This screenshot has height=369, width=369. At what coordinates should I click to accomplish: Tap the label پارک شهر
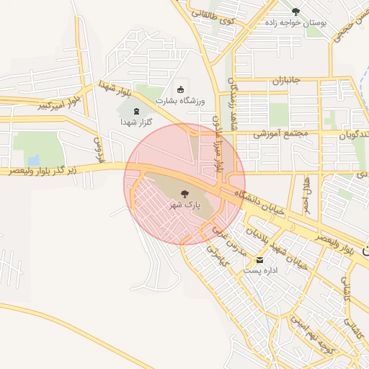click(184, 205)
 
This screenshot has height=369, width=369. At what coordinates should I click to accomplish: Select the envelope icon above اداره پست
click(260, 260)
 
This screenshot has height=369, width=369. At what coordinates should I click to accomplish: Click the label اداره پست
click(260, 271)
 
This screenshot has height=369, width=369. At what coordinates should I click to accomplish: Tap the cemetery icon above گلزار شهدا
click(137, 111)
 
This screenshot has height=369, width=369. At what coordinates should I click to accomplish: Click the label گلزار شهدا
click(137, 123)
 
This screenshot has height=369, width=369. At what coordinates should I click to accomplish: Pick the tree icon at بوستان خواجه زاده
click(295, 11)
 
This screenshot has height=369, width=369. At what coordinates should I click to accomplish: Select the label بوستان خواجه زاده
click(295, 22)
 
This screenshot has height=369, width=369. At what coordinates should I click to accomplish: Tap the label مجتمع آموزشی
click(280, 134)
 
